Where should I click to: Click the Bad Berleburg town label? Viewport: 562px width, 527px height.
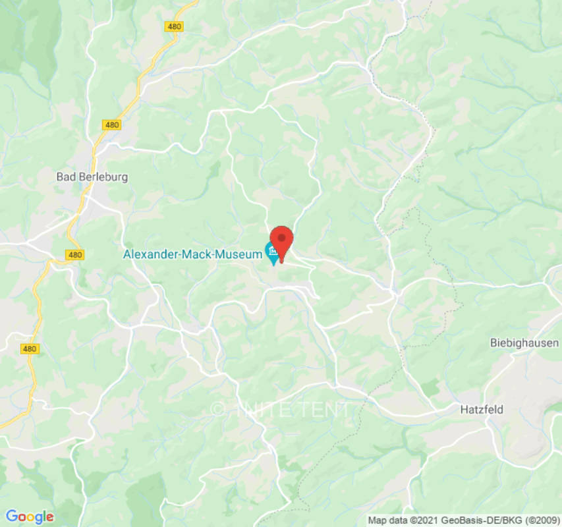(x=92, y=177)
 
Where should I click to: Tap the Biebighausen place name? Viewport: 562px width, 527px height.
(x=524, y=343)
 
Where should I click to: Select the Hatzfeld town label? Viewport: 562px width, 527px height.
(x=482, y=409)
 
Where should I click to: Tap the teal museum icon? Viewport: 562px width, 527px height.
(x=272, y=252)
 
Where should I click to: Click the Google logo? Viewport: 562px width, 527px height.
(x=30, y=516)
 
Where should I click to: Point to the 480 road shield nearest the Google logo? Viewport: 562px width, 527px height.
(x=28, y=348)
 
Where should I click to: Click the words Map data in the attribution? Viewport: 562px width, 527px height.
(x=388, y=520)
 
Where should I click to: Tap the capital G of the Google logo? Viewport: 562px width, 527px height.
(x=11, y=516)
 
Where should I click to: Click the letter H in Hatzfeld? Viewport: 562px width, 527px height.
(x=464, y=409)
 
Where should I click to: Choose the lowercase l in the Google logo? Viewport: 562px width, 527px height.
(x=43, y=516)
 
